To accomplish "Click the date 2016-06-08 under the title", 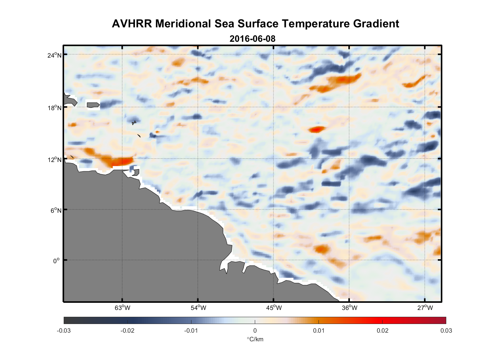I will [x=252, y=39].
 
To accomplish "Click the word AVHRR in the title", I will [x=132, y=24].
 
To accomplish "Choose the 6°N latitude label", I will [x=56, y=210].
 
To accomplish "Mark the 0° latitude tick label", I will [x=57, y=261].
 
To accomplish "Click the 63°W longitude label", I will [x=122, y=307].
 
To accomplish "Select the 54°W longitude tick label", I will [x=198, y=307].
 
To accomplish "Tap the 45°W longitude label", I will [x=274, y=307].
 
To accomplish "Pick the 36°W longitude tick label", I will [x=349, y=307].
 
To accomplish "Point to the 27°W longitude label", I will [x=425, y=307].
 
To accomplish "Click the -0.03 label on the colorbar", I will [x=64, y=330].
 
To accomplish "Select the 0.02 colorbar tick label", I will [x=382, y=330].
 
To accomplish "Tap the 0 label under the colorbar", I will [x=255, y=330].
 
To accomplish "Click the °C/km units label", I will [x=255, y=339].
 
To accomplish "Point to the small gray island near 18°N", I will [x=93, y=105].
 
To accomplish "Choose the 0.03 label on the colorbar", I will [x=446, y=330].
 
